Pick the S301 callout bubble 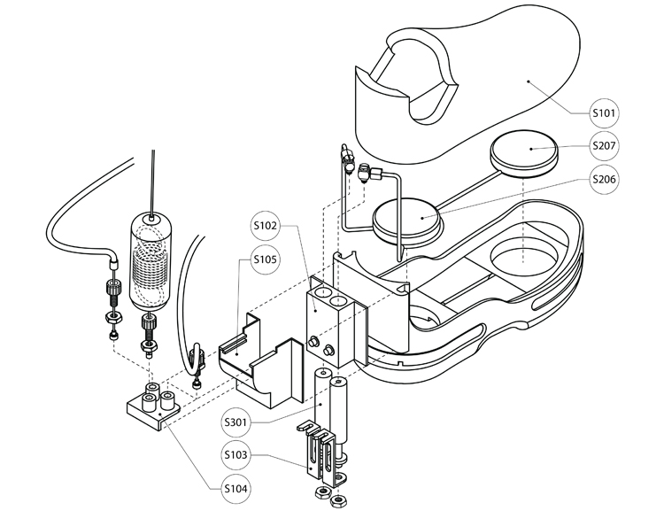click(235, 422)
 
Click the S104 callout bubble click(235, 488)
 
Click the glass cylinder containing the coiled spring click(153, 261)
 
